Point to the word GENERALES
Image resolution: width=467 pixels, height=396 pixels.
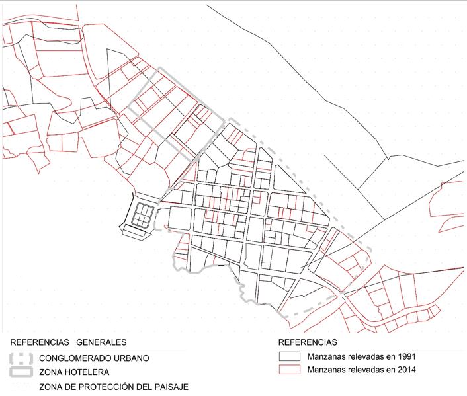pos(101,342)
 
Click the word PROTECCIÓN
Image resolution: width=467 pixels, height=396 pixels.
pos(109,387)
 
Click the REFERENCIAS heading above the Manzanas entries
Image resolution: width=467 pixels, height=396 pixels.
pos(308,342)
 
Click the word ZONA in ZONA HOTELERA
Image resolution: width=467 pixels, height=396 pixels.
pos(52,372)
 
